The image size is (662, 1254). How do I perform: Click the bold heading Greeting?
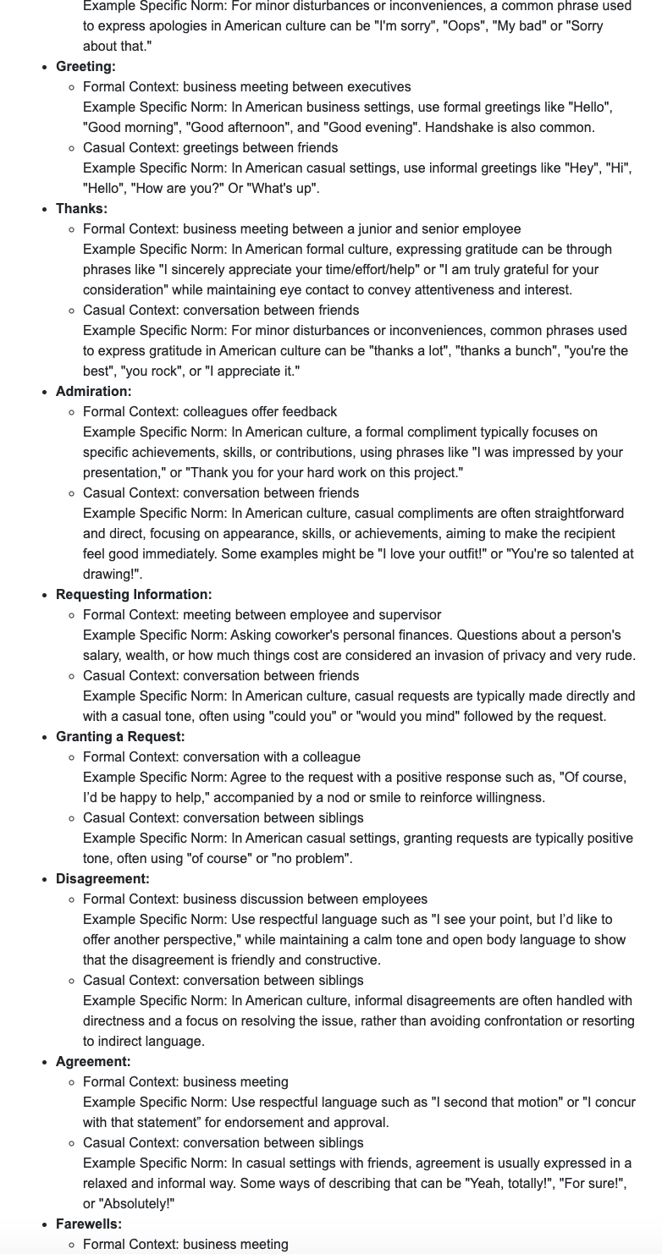point(86,67)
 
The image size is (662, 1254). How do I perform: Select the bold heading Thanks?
point(81,209)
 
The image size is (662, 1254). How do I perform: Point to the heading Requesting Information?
point(134,595)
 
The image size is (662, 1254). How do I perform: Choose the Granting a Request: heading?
point(120,737)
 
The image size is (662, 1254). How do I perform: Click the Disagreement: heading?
point(102,879)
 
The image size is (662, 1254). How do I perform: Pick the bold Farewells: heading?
point(89,1224)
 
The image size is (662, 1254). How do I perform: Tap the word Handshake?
point(459,128)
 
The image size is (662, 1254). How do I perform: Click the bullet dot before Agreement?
point(44,1062)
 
